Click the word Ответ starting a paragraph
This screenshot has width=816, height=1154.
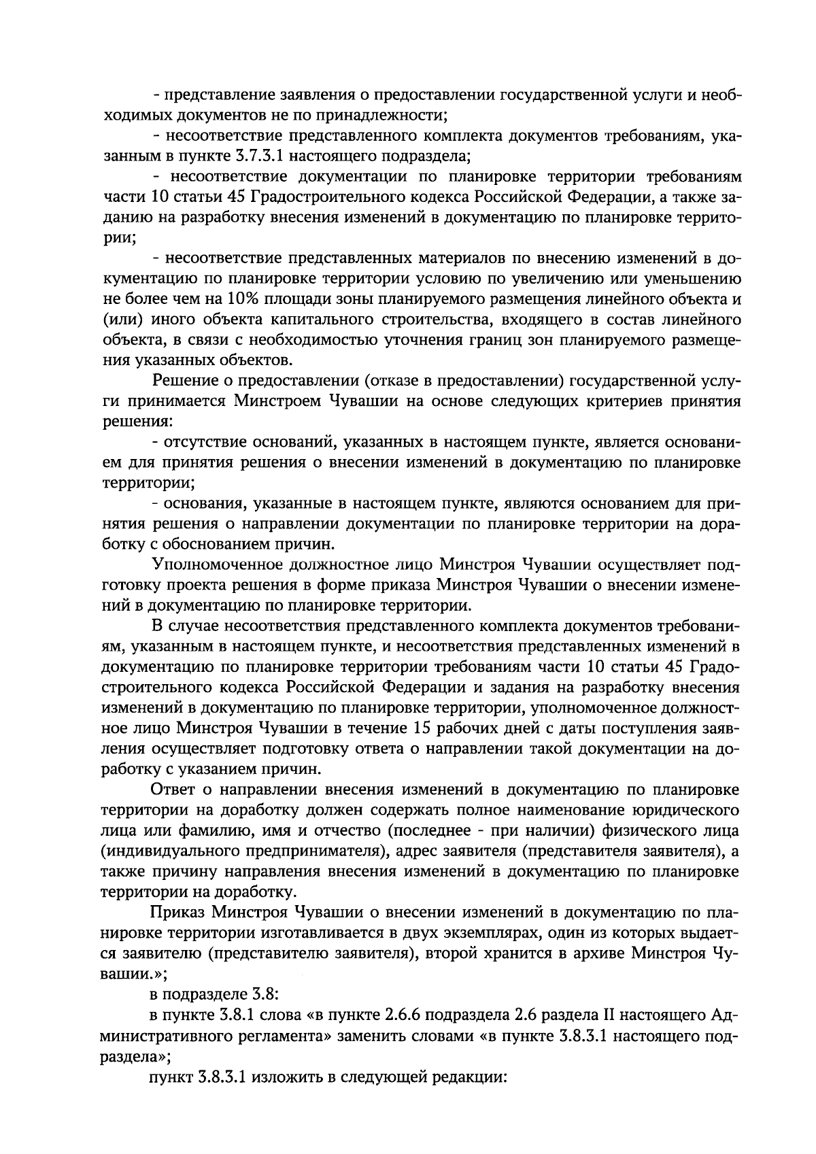pyautogui.click(x=174, y=789)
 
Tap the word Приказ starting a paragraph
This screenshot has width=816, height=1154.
pyautogui.click(x=177, y=911)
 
